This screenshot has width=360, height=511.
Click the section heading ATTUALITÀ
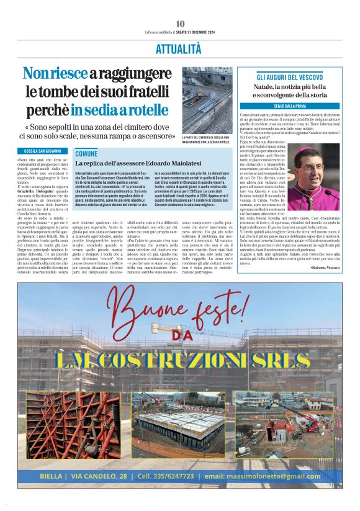click(179, 48)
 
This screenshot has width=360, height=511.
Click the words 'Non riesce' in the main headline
click(55, 73)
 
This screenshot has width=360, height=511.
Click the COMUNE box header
click(86, 153)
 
